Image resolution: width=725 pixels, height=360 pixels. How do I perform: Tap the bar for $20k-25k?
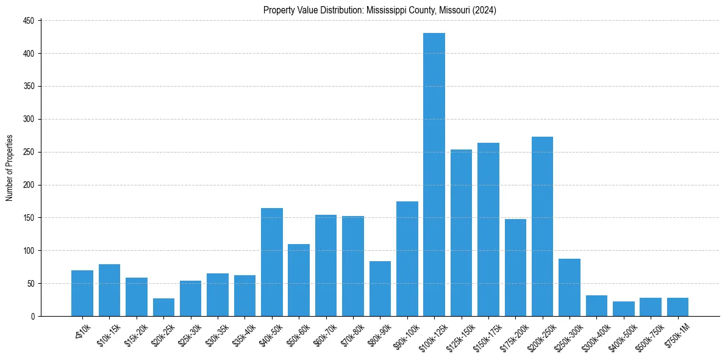163,307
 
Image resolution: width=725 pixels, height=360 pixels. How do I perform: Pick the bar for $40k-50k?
272,262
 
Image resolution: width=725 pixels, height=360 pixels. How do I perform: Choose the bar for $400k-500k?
623,309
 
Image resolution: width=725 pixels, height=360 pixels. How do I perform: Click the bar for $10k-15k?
109,290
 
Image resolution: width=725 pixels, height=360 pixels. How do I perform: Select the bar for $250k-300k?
569,287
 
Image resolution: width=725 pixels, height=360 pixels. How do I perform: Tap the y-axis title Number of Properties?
10,168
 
